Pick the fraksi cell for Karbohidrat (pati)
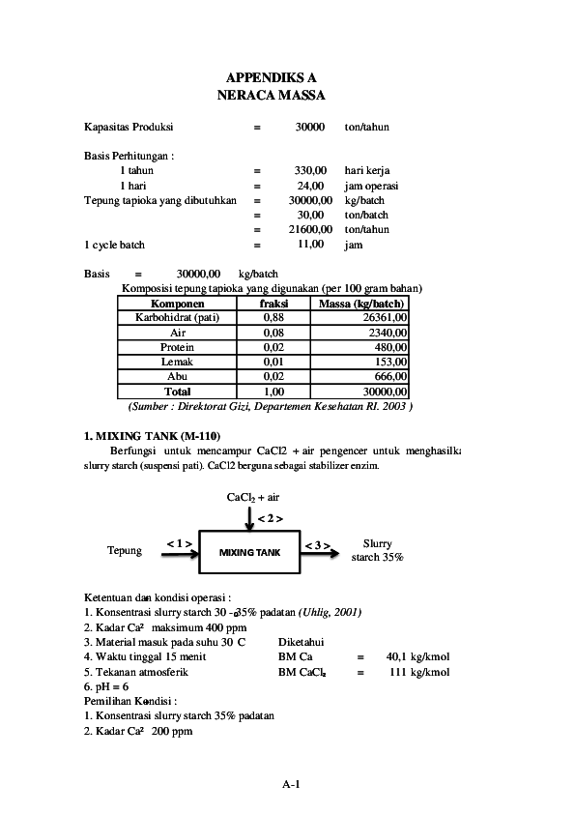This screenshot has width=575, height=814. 273,317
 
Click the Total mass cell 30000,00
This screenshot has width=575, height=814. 384,392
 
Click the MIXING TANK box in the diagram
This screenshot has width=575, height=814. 248,552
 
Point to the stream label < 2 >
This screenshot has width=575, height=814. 270,518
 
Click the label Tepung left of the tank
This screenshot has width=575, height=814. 125,551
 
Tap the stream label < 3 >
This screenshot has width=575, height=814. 318,546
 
